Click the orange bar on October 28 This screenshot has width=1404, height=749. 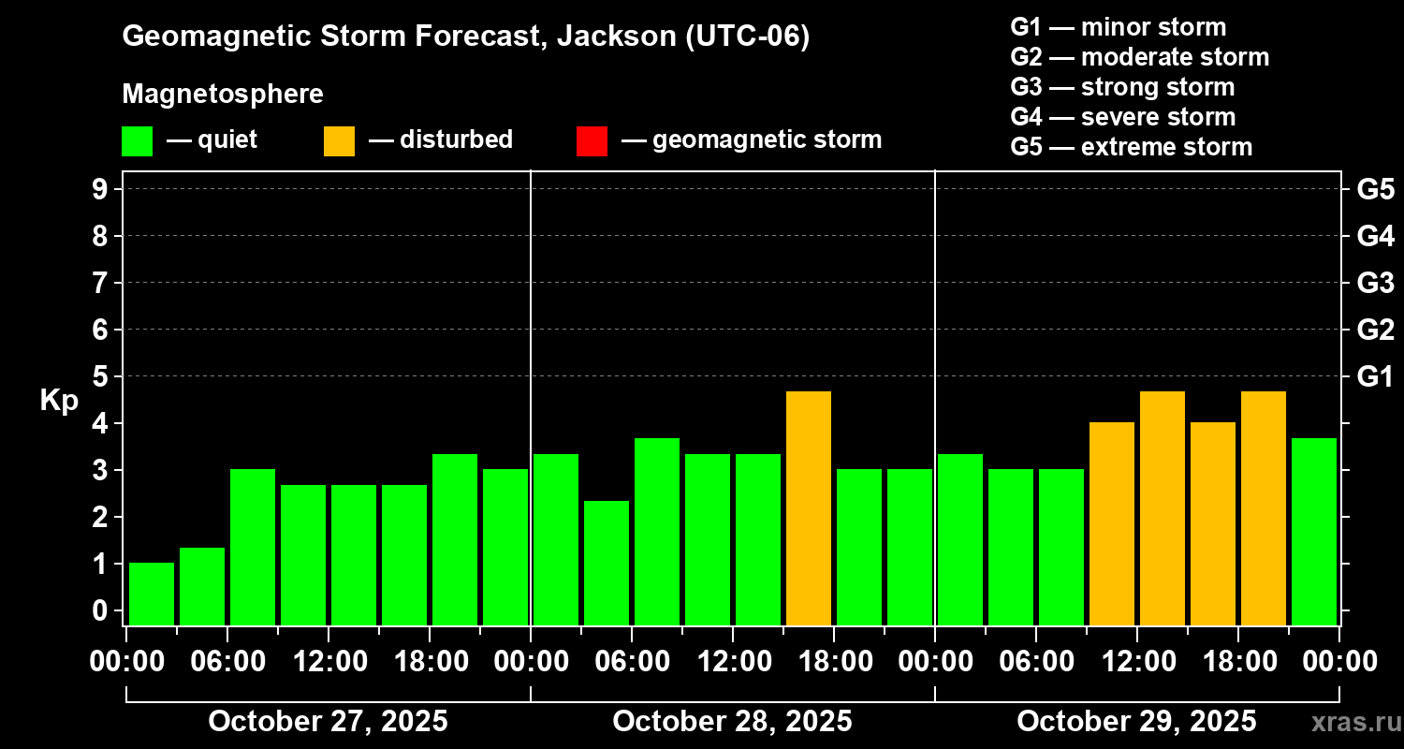point(809,508)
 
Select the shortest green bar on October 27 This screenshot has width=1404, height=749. point(152,594)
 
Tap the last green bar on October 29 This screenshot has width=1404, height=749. point(1314,532)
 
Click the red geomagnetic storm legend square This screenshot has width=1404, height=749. point(592,140)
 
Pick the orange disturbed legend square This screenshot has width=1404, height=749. point(339,140)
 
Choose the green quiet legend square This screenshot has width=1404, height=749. point(137,140)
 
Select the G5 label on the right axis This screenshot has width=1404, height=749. point(1375,189)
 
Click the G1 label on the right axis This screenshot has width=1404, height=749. point(1375,376)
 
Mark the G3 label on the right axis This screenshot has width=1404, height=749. point(1375,283)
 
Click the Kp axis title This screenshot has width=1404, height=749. point(59,400)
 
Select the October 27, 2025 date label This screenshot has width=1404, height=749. point(328,721)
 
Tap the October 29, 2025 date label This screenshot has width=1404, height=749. point(1136,721)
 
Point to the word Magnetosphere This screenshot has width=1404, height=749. point(223,95)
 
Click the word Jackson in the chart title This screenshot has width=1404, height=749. point(617,37)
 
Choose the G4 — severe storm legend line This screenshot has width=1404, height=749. point(1122,117)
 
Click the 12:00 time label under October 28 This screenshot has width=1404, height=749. point(732,661)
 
